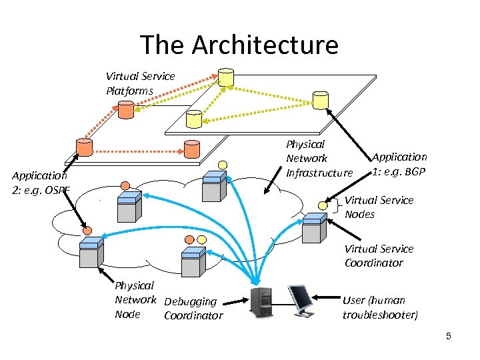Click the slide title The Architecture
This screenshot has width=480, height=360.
tap(239, 45)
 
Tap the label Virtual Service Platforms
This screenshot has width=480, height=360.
tap(140, 83)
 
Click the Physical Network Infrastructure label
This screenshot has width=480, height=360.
tap(319, 159)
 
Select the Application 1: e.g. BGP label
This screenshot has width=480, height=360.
tap(399, 164)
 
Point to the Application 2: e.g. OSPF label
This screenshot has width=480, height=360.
tap(40, 183)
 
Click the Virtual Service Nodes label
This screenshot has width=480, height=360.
tap(379, 207)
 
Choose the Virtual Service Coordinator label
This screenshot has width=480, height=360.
tap(379, 256)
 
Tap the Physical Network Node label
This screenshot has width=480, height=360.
tap(135, 300)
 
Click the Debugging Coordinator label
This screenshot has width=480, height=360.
tap(193, 309)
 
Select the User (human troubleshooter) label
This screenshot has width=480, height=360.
tap(380, 307)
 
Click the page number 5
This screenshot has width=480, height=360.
tap(449, 336)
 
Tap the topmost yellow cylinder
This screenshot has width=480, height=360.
tap(227, 77)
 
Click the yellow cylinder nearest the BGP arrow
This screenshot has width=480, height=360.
tap(321, 100)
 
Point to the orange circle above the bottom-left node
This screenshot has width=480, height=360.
tap(87, 230)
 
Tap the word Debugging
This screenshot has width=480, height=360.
tap(191, 302)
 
